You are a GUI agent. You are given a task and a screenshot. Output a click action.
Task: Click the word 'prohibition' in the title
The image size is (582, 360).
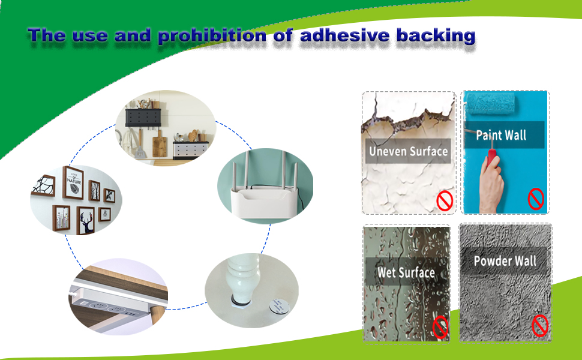coord(212,36)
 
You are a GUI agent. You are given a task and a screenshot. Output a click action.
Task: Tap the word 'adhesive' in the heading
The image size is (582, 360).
coord(345,35)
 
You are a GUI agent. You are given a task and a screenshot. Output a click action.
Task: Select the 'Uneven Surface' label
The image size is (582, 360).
coord(408,151)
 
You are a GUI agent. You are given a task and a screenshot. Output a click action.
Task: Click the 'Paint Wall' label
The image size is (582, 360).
coord(501,135)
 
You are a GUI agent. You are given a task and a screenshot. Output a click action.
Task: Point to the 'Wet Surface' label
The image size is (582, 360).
coord(406,272)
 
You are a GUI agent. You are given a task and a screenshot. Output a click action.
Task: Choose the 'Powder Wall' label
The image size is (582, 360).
coord(505,261)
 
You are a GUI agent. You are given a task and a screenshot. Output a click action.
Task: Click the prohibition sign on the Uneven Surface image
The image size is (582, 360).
coord(445,201)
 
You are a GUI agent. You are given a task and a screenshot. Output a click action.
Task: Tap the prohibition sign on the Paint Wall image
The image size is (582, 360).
coord(536,199)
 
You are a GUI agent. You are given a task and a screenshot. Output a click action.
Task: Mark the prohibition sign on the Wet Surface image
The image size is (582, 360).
coord(440,326)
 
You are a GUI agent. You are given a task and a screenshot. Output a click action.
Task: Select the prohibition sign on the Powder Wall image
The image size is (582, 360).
coord(540,326)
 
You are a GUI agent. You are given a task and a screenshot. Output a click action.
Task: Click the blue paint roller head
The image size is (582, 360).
coord(490,101)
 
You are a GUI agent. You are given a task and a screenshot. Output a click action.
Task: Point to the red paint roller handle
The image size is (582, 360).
coord(492,156)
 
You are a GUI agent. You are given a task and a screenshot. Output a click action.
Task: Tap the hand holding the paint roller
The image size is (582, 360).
coord(491,183)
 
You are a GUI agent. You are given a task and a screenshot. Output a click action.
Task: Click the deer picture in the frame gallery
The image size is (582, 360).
coord(86,220)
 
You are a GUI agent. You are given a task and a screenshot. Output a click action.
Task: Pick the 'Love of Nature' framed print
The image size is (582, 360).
coord(73,182)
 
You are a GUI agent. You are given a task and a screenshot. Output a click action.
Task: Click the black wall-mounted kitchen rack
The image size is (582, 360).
coord(143,118)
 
